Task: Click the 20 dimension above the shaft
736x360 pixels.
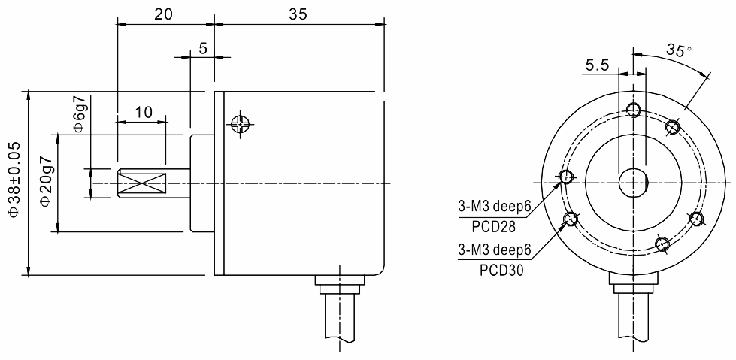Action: coord(163,14)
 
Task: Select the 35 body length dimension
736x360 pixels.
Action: coord(298,14)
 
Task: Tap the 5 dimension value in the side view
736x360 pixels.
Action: coord(202,47)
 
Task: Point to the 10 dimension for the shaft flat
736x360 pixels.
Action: coord(142,112)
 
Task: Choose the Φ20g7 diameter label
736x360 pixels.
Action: coord(47,183)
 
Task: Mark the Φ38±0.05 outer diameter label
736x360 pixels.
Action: coord(14,183)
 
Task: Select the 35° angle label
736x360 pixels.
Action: coord(679,50)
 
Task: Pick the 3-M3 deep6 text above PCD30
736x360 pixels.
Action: coord(494,250)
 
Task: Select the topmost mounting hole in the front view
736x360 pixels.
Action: coord(633,110)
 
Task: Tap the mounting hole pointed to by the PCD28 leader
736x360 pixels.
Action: coord(565,177)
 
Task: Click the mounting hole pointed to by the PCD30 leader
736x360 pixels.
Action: coord(571,219)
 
